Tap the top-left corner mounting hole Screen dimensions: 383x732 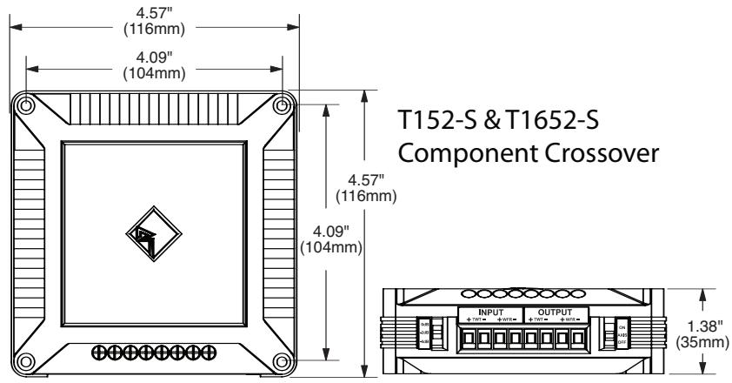click(x=26, y=105)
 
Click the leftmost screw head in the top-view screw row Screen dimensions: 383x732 click(x=96, y=353)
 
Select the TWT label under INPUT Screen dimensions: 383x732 click(x=475, y=321)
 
